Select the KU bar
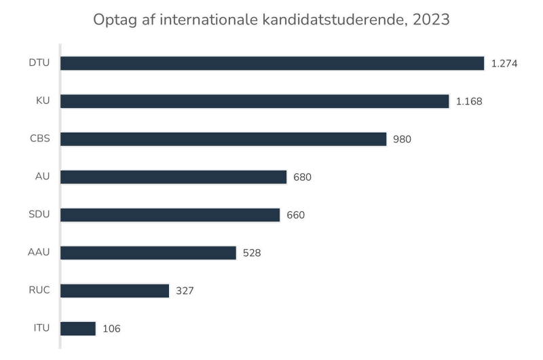click(255, 101)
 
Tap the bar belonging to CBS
click(224, 139)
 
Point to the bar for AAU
click(149, 253)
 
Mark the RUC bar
click(115, 291)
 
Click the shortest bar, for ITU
click(79, 329)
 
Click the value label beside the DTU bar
click(504, 63)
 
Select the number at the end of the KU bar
click(469, 101)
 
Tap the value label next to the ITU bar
click(111, 329)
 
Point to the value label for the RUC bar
click(185, 291)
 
